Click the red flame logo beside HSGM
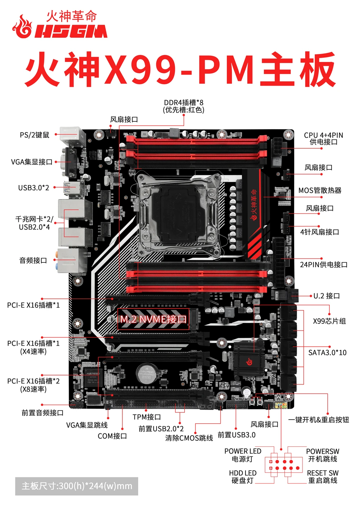[22, 27]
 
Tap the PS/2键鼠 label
[35, 135]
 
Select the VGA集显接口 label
[32, 162]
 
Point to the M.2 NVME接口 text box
[153, 319]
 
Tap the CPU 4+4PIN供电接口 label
[323, 139]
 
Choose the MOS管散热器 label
[320, 190]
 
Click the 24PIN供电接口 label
[324, 265]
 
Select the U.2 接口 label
[327, 296]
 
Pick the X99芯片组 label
[329, 321]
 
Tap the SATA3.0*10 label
[327, 353]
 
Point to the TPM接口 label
[147, 417]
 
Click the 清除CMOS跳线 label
[189, 438]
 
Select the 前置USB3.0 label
[237, 435]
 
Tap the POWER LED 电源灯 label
[243, 455]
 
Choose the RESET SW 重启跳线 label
[323, 477]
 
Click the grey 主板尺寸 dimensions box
[77, 486]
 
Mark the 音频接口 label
[33, 260]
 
